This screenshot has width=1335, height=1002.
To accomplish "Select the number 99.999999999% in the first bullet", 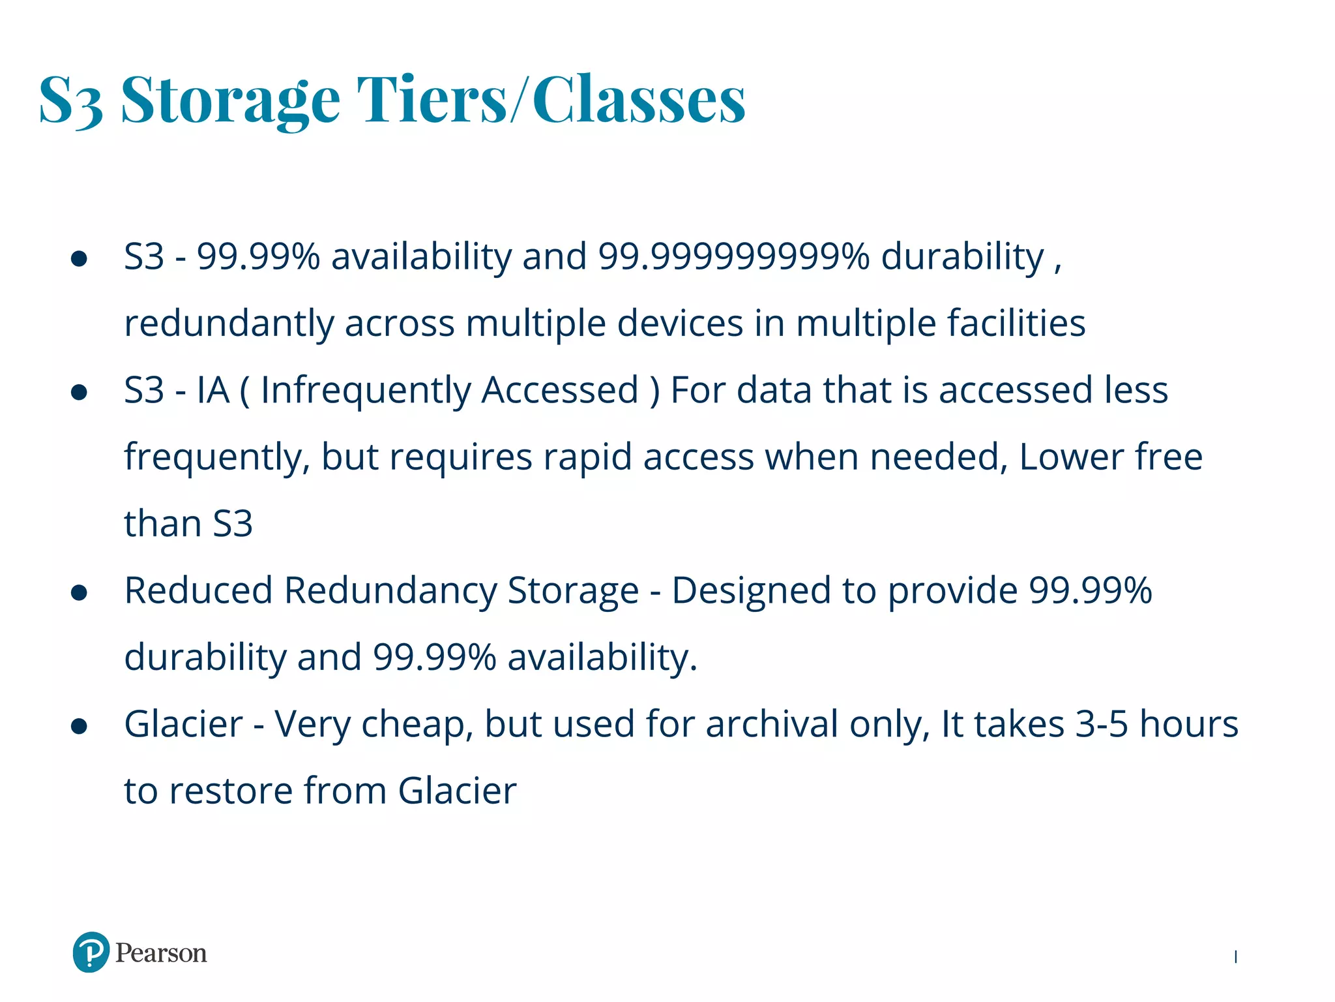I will (x=734, y=256).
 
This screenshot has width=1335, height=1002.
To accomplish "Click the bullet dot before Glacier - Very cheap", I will (x=79, y=726).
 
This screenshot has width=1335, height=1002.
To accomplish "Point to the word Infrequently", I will (x=366, y=391).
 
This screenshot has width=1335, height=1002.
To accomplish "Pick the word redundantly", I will (x=228, y=324).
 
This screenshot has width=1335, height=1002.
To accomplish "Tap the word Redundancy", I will (x=390, y=591).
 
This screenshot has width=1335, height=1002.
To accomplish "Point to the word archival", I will (x=772, y=725).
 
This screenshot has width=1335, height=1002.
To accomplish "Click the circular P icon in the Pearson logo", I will (x=91, y=952).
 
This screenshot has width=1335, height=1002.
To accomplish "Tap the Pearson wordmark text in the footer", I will (x=161, y=953).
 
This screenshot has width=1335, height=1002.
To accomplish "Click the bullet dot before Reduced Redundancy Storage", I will (x=79, y=592).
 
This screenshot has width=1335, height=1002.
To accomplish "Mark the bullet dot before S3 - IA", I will (x=79, y=392).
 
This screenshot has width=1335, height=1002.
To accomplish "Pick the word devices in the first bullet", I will (x=680, y=324).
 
